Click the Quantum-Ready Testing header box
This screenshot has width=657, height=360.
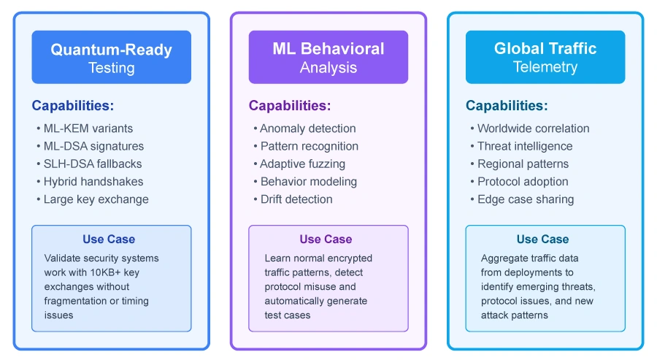click(111, 58)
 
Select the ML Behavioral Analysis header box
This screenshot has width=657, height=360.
click(328, 58)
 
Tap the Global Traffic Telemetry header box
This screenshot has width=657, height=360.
click(545, 58)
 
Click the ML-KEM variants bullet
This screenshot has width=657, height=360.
click(88, 129)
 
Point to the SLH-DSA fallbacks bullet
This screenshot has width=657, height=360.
click(93, 164)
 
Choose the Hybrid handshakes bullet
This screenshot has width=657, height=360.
click(93, 182)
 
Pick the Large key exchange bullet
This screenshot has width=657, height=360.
click(96, 199)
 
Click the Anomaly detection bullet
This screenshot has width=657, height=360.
click(308, 129)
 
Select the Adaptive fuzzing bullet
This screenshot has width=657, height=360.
click(303, 164)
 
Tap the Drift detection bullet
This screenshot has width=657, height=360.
click(296, 199)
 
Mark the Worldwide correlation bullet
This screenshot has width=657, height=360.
click(533, 129)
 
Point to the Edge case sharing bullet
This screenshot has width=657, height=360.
click(526, 199)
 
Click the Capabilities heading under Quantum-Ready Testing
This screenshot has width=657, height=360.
click(72, 106)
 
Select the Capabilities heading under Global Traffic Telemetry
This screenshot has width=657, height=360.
click(507, 106)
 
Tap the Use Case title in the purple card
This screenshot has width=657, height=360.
click(326, 240)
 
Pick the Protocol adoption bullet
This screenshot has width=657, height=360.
click(523, 182)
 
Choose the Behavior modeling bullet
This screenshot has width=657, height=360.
click(309, 182)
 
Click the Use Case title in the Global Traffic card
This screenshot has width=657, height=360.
click(542, 240)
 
